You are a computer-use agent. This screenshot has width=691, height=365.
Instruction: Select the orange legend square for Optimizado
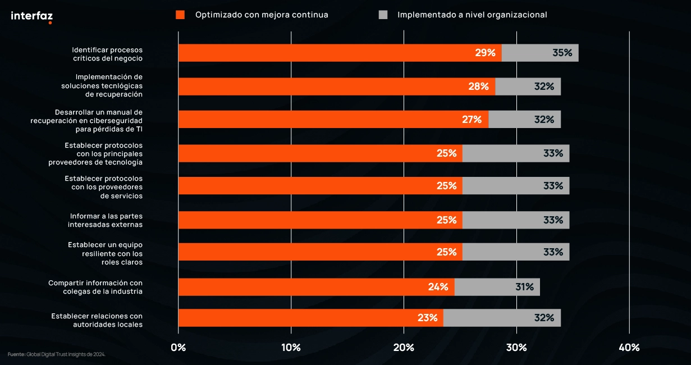(180, 15)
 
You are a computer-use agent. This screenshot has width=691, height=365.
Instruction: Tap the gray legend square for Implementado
(383, 15)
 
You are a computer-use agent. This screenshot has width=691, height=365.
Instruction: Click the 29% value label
(485, 53)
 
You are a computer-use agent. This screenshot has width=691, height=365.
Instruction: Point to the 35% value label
(562, 53)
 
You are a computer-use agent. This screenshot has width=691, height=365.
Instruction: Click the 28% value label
(478, 86)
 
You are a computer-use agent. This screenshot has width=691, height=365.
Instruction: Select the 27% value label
(472, 119)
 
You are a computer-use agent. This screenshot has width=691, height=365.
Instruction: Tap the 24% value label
(438, 287)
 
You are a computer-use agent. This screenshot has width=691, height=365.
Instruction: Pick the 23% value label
(427, 318)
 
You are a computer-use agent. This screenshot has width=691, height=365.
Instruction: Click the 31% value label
(524, 287)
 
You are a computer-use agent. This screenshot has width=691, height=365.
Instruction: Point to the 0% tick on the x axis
(179, 347)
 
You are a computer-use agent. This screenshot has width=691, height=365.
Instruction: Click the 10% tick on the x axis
(291, 347)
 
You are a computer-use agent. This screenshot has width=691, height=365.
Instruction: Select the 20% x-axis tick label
(404, 347)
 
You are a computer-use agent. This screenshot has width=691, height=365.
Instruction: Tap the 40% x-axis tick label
(629, 347)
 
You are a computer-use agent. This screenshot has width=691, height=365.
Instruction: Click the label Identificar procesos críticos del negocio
(107, 53)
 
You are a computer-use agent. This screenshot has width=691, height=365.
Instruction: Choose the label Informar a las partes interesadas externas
(106, 220)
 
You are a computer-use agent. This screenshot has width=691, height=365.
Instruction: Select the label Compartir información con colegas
(95, 287)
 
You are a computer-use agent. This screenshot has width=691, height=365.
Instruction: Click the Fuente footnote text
(56, 354)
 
